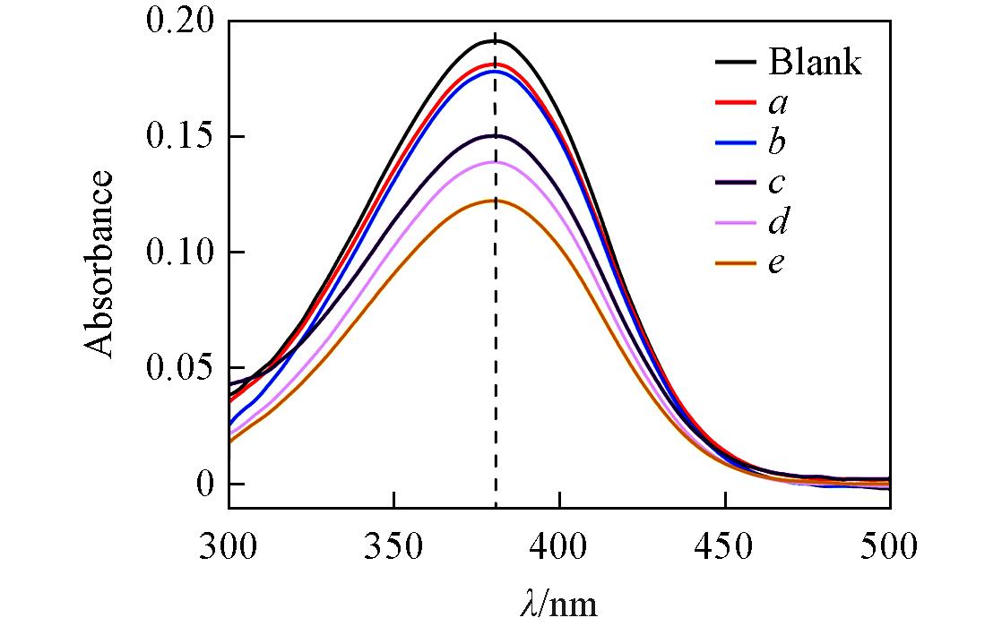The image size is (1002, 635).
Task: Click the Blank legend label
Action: pos(814,64)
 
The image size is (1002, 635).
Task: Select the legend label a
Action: pos(778,104)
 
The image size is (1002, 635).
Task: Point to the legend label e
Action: pos(777,263)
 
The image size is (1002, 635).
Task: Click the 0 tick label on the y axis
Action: pos(206,485)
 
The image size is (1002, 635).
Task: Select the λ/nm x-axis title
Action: pos(557,605)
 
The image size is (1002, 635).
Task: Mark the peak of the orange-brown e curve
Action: pos(494,201)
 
